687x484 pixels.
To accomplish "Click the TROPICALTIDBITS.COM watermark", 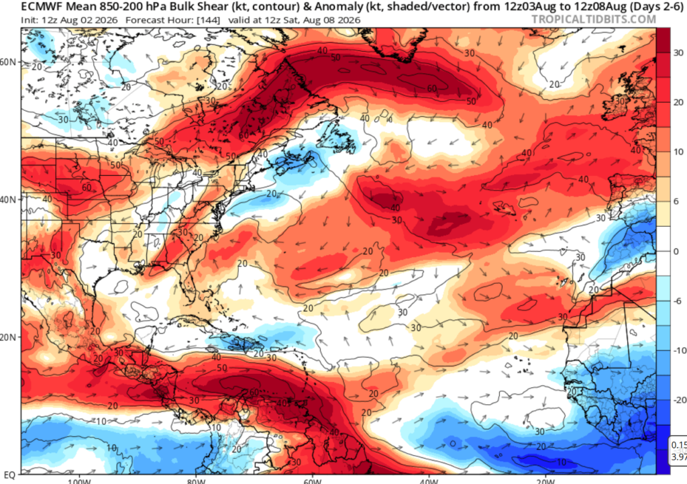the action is click(x=594, y=19).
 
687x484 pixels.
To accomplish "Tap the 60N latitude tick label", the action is click(x=7, y=62).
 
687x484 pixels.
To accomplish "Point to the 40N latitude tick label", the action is click(x=7, y=199).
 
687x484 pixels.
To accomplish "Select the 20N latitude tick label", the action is click(x=7, y=337).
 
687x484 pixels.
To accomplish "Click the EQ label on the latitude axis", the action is click(x=9, y=475).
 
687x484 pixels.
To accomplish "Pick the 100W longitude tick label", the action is click(x=79, y=481).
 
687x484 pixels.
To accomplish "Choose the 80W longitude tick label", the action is click(x=195, y=481).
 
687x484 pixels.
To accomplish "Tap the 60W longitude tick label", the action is click(x=313, y=481).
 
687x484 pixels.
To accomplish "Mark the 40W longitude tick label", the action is click(x=429, y=481).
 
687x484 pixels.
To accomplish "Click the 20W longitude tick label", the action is click(x=545, y=481).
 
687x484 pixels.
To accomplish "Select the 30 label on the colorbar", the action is click(x=678, y=52).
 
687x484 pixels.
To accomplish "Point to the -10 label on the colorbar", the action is click(x=679, y=350).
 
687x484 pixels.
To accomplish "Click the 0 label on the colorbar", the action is click(x=676, y=251).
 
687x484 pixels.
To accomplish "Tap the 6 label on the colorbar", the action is click(x=676, y=201).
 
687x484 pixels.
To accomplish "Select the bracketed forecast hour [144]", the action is click(x=209, y=20).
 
